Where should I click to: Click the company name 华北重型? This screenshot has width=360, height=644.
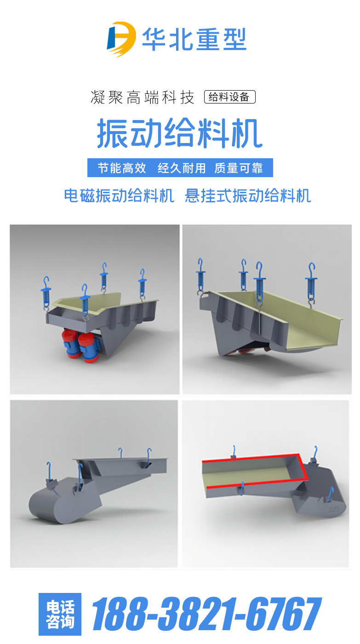194,40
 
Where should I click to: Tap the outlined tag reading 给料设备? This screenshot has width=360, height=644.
229,97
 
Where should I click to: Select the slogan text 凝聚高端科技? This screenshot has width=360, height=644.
143,97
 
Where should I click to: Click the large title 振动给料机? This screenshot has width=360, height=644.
180,133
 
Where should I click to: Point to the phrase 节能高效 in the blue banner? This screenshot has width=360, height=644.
122,168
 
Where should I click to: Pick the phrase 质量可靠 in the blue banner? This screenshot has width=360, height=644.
239,168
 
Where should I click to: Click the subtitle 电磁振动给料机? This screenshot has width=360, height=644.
119,196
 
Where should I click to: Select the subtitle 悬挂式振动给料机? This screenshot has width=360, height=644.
248,196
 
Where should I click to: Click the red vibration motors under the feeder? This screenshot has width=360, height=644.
81,345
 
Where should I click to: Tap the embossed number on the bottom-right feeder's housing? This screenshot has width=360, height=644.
334,509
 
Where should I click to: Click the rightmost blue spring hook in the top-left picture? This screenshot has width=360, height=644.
142,285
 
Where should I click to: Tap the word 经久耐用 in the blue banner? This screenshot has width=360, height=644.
182,168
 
